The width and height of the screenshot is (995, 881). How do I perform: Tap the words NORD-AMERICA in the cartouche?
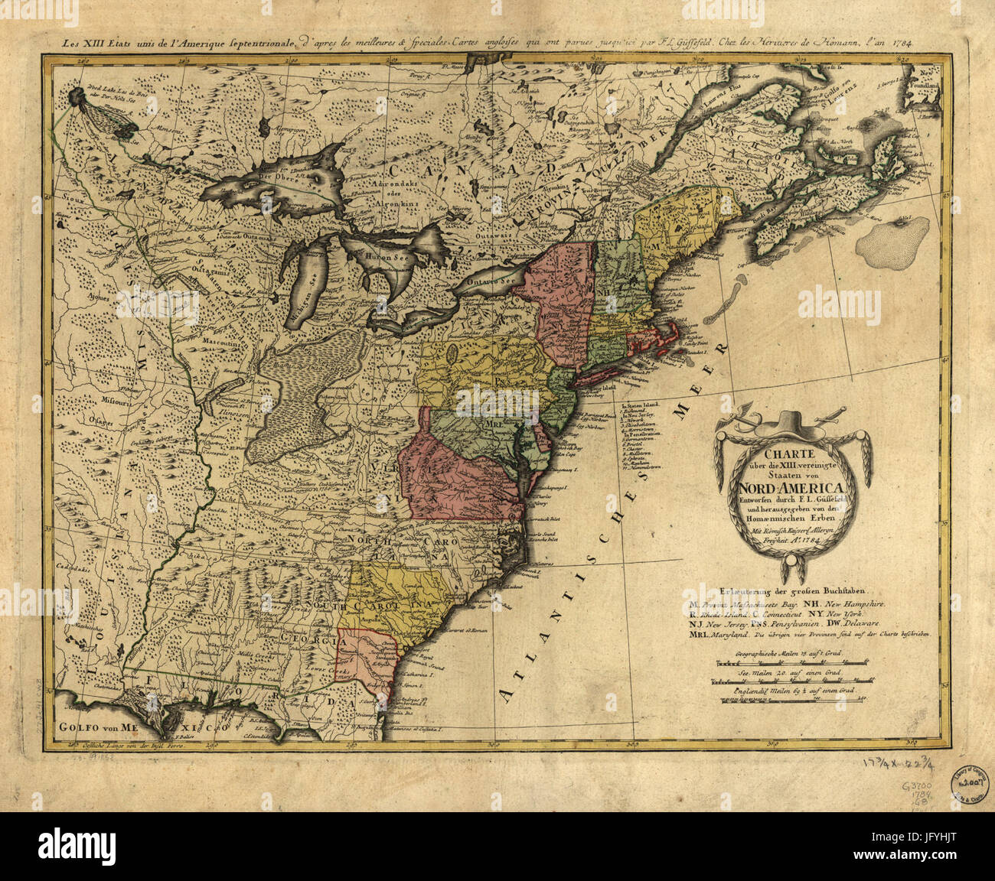791,489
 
